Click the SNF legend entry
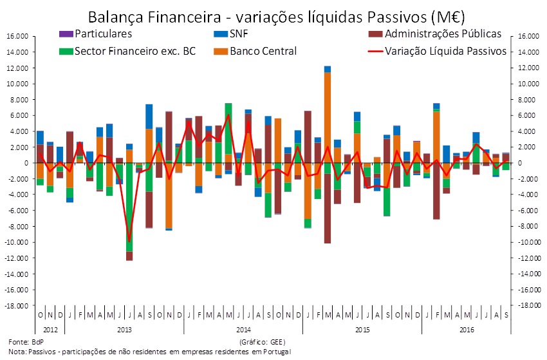pyautogui.click(x=239, y=33)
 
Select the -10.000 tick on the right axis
pyautogui.click(x=526, y=242)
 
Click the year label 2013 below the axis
pyautogui.click(x=124, y=328)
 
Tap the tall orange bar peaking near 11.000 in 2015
pyautogui.click(x=328, y=116)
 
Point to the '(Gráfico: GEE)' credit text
pyautogui.click(x=262, y=341)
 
